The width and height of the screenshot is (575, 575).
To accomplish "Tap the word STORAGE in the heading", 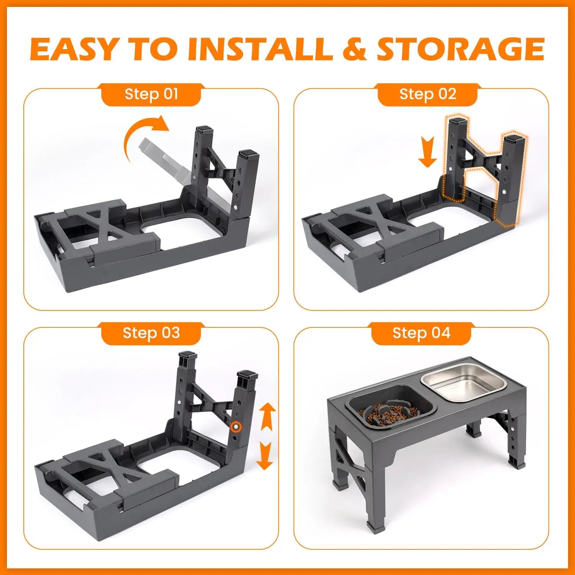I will (x=460, y=49).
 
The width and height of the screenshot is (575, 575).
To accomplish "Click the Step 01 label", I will (x=151, y=94).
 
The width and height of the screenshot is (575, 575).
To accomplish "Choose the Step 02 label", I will (x=427, y=94).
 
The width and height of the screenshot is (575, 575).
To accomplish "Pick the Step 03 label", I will (x=151, y=333).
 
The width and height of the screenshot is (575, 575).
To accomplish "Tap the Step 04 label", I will (x=421, y=333).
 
